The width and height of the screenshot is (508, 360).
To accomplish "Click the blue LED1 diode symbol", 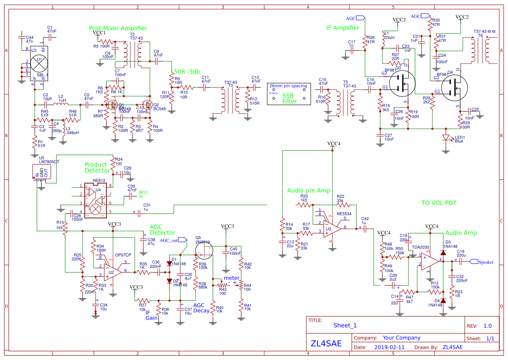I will (x=445, y=138).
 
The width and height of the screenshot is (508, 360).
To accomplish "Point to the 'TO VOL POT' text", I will (x=439, y=203).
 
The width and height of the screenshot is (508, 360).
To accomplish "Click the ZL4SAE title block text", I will (x=326, y=343).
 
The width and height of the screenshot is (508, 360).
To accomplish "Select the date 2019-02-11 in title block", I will (x=389, y=347).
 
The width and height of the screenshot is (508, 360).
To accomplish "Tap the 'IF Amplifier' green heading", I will (x=343, y=28).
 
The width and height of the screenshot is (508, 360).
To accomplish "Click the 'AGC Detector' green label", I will (x=163, y=230).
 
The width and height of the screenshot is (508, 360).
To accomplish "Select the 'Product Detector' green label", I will (x=97, y=167).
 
